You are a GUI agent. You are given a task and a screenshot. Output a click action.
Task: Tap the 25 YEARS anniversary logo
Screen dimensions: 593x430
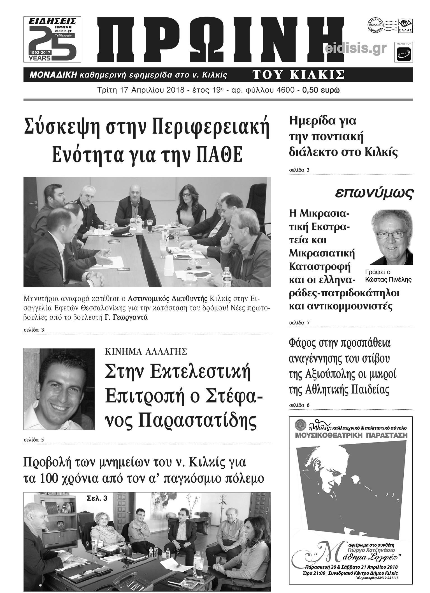(x=52, y=40)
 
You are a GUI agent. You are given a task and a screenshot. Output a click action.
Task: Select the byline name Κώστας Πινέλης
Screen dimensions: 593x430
(x=388, y=280)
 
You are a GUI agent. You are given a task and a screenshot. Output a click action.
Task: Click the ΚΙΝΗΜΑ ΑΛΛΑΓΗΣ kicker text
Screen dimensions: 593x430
(x=146, y=352)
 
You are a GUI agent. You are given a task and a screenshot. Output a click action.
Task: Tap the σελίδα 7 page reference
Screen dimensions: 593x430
(x=299, y=323)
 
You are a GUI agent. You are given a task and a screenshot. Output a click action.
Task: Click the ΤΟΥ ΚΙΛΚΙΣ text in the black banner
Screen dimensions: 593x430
(x=298, y=75)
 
